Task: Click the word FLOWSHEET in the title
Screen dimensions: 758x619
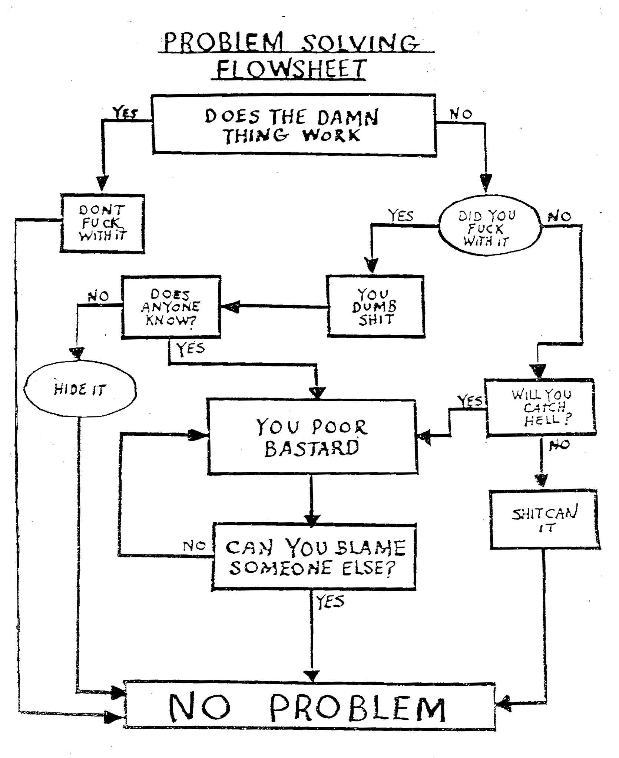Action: pyautogui.click(x=291, y=69)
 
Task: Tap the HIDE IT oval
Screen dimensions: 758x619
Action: pyautogui.click(x=80, y=389)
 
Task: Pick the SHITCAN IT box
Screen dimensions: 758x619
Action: pyautogui.click(x=544, y=520)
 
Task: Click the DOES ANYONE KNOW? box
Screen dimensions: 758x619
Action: pyautogui.click(x=171, y=307)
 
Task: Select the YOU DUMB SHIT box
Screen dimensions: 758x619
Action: pyautogui.click(x=375, y=306)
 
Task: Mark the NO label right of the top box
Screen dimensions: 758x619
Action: pyautogui.click(x=461, y=114)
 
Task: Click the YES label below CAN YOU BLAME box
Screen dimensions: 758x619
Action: pyautogui.click(x=330, y=602)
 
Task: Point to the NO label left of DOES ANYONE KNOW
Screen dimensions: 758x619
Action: pyautogui.click(x=98, y=296)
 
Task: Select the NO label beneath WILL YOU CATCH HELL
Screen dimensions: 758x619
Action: pyautogui.click(x=559, y=444)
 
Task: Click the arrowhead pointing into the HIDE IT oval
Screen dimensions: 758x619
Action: pyautogui.click(x=77, y=353)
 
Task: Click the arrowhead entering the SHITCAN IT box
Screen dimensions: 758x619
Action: pyautogui.click(x=542, y=479)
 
